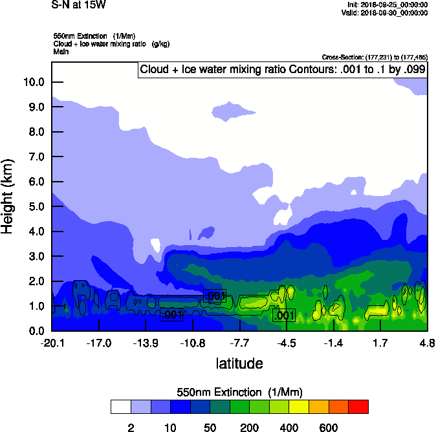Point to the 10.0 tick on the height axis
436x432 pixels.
34,82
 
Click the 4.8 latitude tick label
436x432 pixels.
427,343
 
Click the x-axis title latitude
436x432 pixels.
239,363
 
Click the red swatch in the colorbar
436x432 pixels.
358,407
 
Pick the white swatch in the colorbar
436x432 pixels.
120,407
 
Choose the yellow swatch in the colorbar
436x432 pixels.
298,407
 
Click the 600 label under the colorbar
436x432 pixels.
328,427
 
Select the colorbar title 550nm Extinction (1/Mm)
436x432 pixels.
239,393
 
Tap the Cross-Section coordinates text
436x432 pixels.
375,58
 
